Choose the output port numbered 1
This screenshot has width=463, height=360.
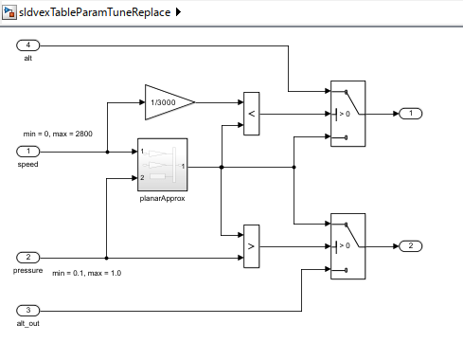pos(410,114)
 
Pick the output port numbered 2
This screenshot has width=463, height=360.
pos(410,246)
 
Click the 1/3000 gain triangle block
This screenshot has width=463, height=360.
pos(167,100)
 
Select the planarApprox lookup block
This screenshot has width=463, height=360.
pos(162,166)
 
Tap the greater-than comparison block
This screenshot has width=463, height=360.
pos(251,246)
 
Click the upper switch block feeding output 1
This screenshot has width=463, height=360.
pos(347,114)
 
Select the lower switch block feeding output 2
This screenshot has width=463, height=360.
pos(347,246)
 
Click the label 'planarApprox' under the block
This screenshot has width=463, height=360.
pos(162,201)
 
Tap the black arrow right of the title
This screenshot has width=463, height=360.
pos(179,12)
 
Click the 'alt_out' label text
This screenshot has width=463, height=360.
pos(28,323)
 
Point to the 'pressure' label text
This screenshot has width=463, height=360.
pos(28,270)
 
